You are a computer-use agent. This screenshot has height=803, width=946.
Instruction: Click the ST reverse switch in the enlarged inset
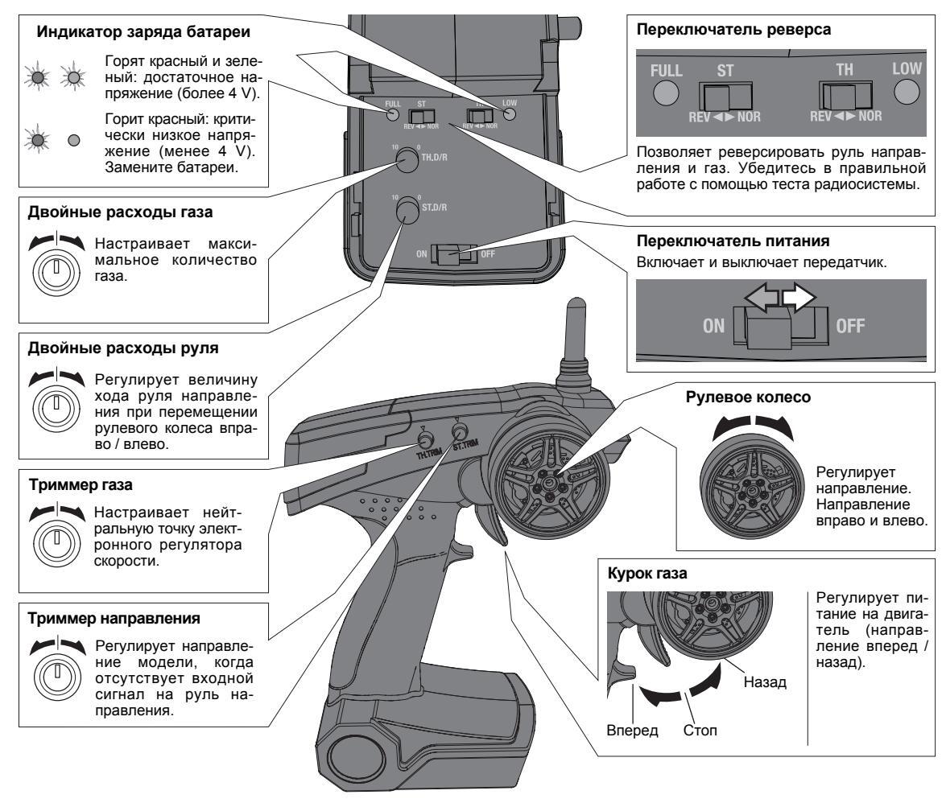tap(726, 99)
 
